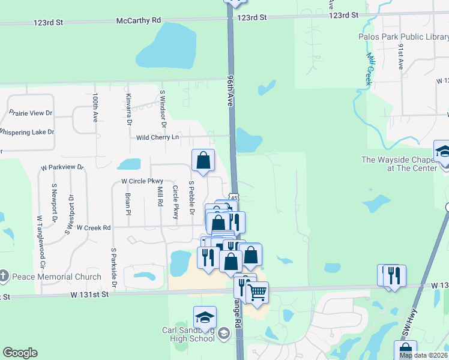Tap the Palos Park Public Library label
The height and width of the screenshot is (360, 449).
pyautogui.click(x=403, y=37)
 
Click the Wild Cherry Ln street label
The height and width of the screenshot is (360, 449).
pyautogui.click(x=158, y=137)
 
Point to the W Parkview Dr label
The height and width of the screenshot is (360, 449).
pyautogui.click(x=62, y=167)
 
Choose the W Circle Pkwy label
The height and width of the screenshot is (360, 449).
pyautogui.click(x=142, y=181)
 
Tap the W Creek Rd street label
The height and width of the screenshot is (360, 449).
pyautogui.click(x=90, y=227)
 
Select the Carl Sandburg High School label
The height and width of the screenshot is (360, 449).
pyautogui.click(x=188, y=334)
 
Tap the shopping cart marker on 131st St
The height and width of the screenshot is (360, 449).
pyautogui.click(x=258, y=293)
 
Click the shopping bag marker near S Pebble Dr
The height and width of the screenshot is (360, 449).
pyautogui.click(x=203, y=160)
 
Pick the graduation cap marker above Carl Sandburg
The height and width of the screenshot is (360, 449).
pyautogui.click(x=205, y=317)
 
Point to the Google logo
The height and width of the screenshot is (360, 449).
pyautogui.click(x=20, y=353)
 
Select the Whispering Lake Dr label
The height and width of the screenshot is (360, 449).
pyautogui.click(x=26, y=131)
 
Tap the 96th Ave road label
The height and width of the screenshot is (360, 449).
pyautogui.click(x=230, y=91)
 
